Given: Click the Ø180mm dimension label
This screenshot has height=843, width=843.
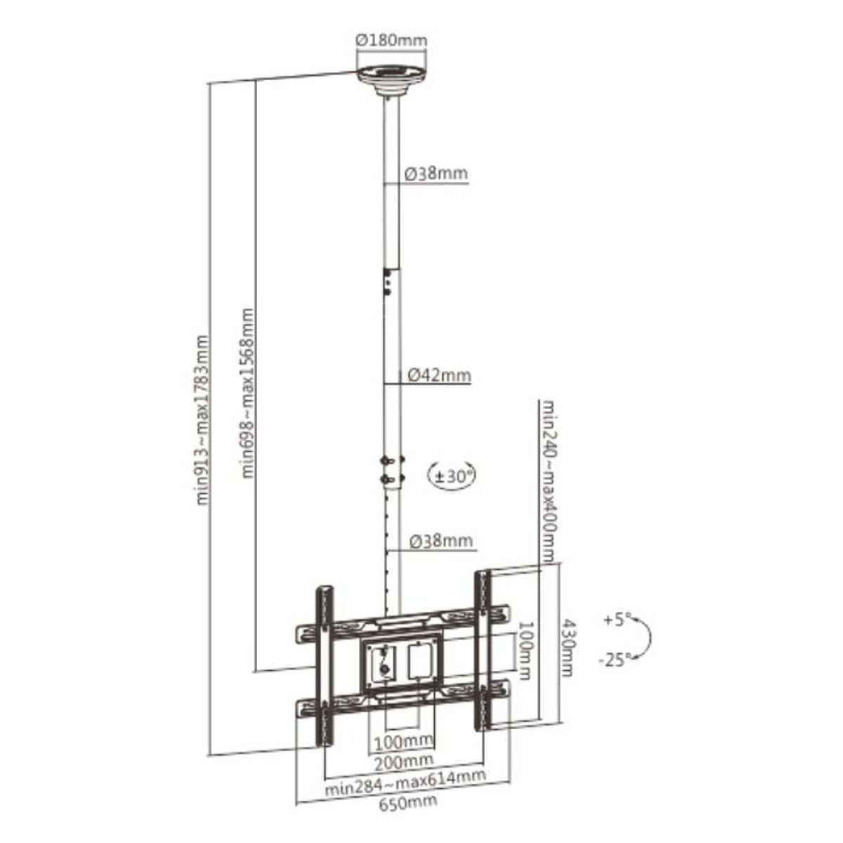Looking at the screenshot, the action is (391, 41).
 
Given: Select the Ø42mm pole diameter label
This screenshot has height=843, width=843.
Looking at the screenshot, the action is (439, 375).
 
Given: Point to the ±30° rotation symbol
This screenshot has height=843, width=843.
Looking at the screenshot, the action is (452, 476).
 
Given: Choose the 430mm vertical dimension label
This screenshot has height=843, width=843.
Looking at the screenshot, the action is (566, 648).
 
